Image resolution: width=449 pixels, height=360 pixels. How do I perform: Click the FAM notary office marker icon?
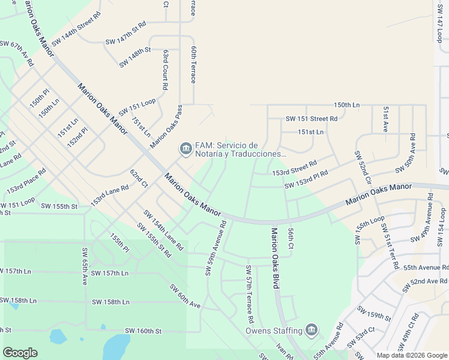(x=184, y=148)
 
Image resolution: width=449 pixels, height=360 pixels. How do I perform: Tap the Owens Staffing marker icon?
(x=311, y=330)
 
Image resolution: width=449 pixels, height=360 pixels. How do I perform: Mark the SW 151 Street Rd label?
(x=312, y=119)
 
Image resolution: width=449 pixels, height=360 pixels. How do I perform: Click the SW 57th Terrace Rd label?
(x=248, y=292)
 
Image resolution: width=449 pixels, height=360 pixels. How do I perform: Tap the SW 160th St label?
(x=143, y=331)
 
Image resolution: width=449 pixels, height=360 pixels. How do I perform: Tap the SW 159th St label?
(x=374, y=313)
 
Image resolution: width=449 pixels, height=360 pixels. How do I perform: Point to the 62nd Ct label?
(x=139, y=178)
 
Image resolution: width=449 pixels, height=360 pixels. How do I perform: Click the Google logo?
(x=20, y=353)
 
